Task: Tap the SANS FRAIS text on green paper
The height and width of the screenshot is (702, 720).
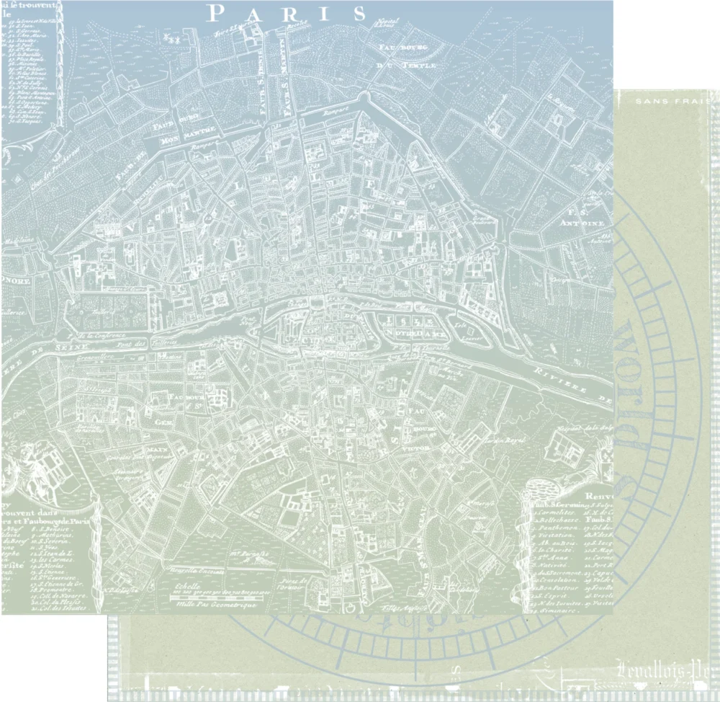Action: (677, 102)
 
